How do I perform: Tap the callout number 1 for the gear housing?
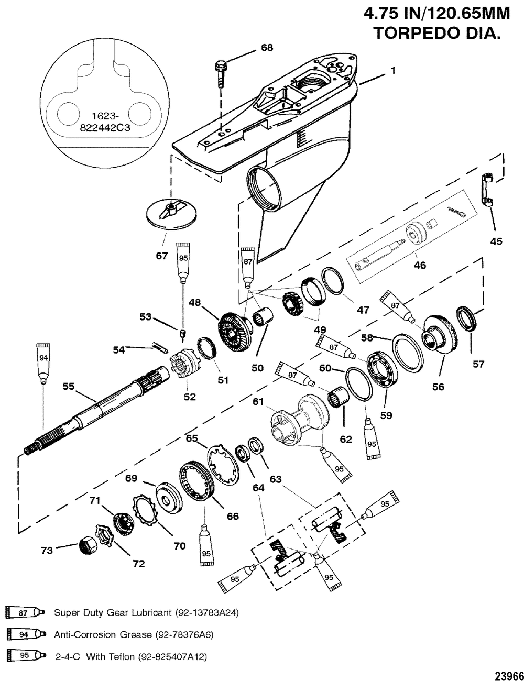click(392, 71)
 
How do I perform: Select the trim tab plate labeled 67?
click(171, 215)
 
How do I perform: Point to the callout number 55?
click(69, 387)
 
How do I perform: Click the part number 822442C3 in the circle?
click(105, 128)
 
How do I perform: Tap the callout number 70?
click(180, 546)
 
